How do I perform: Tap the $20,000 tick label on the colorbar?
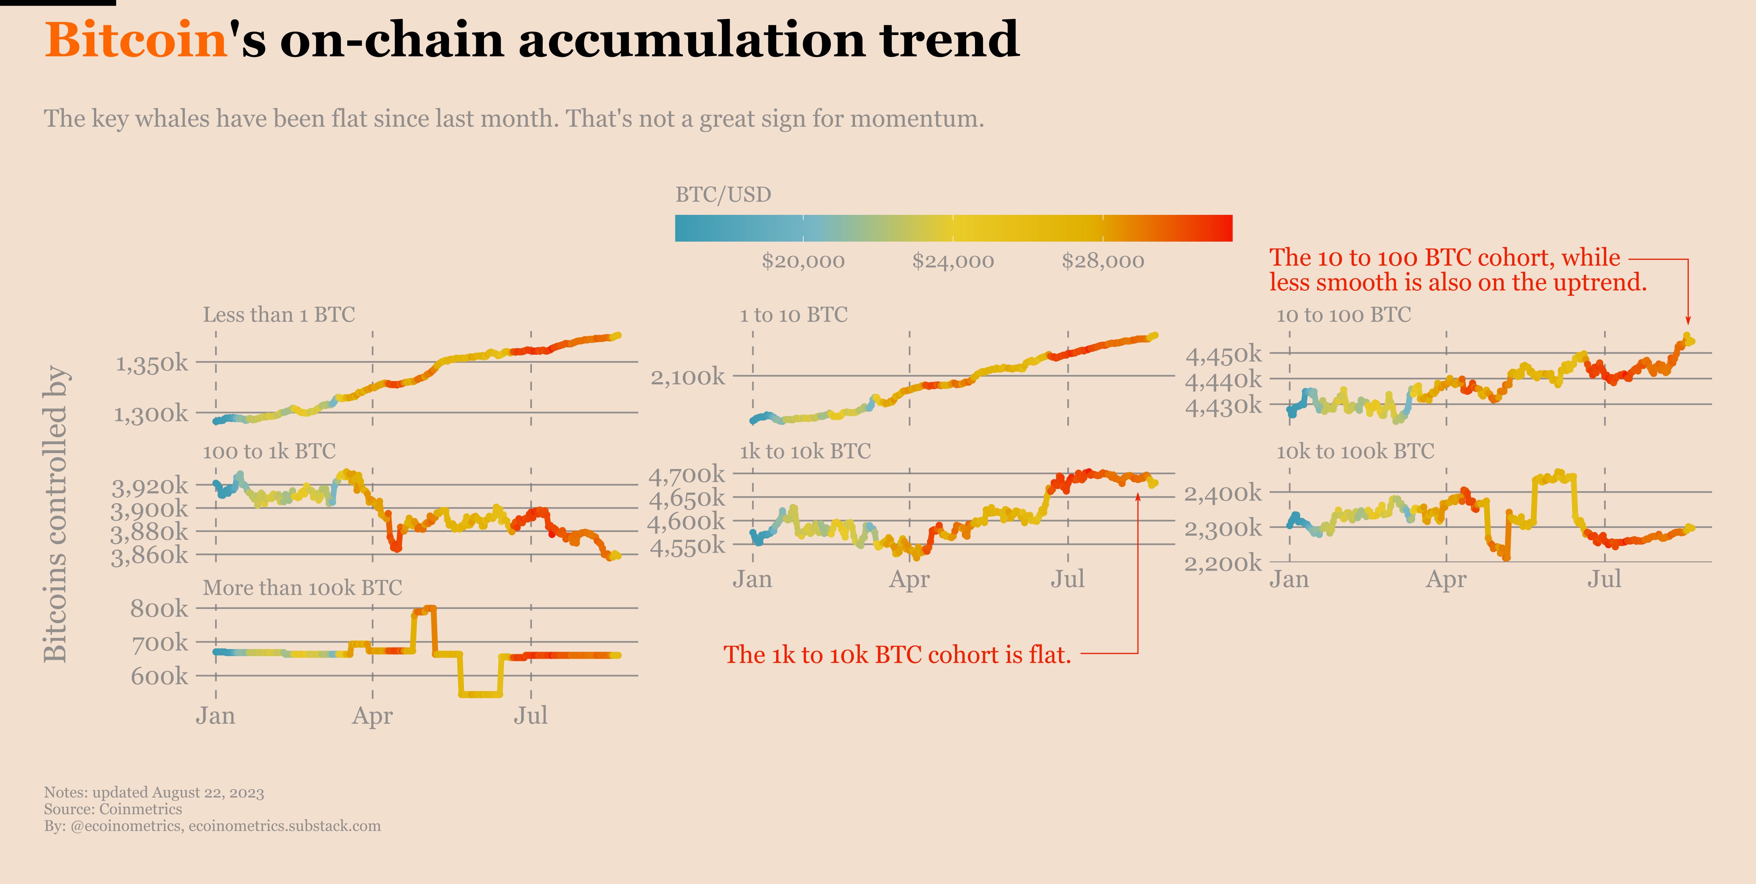tap(803, 261)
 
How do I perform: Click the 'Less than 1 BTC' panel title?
tap(279, 315)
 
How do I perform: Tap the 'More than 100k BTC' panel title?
tap(302, 587)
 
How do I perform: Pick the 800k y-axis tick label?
tap(159, 608)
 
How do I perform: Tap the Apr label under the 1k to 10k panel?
tap(909, 579)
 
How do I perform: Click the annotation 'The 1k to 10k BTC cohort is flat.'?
tap(897, 655)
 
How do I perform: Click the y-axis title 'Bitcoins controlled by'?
tap(55, 514)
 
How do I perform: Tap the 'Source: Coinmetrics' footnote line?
tap(113, 809)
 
